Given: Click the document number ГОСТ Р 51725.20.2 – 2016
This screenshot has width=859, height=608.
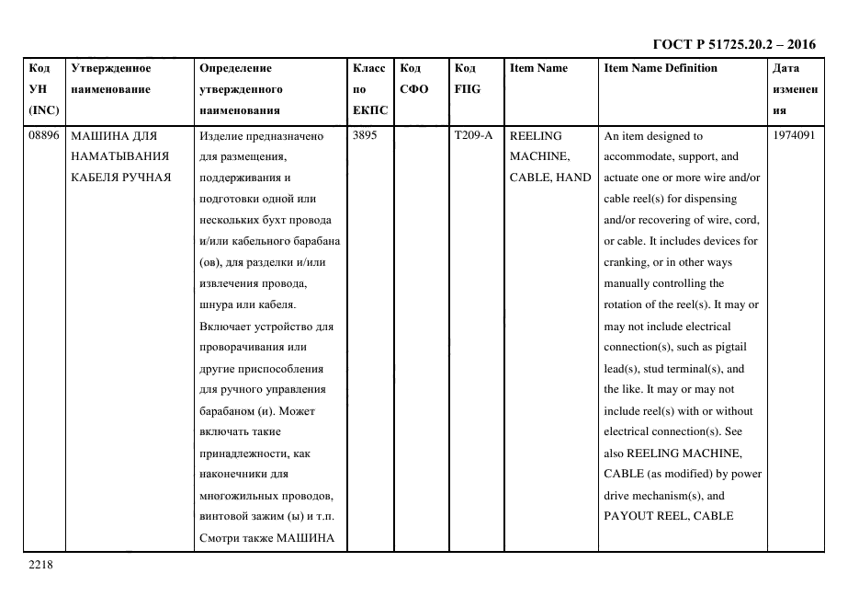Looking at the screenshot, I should (x=733, y=44).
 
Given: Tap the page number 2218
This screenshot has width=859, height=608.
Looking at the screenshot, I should (x=41, y=565).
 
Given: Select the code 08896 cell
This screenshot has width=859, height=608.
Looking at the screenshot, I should (x=43, y=135).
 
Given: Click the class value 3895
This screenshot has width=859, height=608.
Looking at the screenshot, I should (x=365, y=135).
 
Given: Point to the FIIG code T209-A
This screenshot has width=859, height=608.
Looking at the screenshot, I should (x=473, y=135).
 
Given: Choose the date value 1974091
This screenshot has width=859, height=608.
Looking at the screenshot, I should (x=795, y=135).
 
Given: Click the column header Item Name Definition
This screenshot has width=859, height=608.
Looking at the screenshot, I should (x=661, y=68).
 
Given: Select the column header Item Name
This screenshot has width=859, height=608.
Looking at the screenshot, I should (x=538, y=68).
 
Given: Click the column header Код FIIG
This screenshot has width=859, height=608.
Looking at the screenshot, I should (x=467, y=78).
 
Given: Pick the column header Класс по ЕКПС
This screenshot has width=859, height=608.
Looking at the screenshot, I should (x=370, y=89).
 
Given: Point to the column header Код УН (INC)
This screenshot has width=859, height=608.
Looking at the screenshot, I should (x=43, y=89).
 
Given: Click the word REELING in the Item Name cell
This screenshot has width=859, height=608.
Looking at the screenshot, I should (x=535, y=135).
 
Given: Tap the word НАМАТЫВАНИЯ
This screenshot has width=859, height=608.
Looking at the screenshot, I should (x=119, y=156).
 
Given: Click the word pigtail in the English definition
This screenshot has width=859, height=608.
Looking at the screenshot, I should (x=736, y=348).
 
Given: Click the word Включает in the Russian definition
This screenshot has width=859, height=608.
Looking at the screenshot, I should (x=225, y=327).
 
